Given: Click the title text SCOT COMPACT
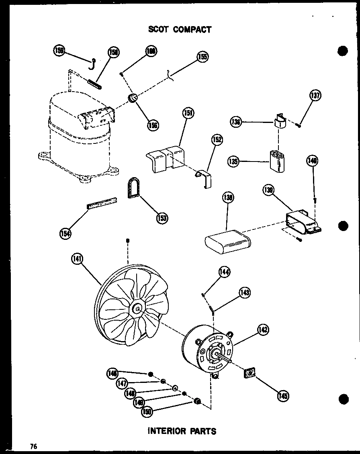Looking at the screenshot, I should tap(180, 29).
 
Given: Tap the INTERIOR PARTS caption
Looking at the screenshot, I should tap(182, 431).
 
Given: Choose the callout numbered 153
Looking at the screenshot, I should tap(162, 218).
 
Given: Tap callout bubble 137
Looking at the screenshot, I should tap(315, 96).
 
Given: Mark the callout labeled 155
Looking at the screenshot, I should tap(203, 57).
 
